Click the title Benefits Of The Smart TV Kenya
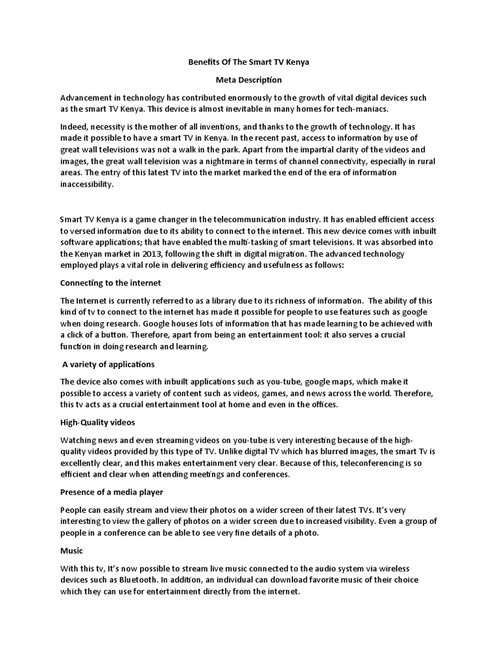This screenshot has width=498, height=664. click(248, 63)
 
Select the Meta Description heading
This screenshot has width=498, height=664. click(248, 80)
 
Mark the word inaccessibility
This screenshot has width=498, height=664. click(86, 184)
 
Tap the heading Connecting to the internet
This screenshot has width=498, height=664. click(110, 283)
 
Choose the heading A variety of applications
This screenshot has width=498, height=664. click(109, 364)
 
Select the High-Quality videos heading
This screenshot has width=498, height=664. click(97, 422)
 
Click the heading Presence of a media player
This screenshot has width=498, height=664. click(112, 492)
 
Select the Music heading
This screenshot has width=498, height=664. click(71, 551)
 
